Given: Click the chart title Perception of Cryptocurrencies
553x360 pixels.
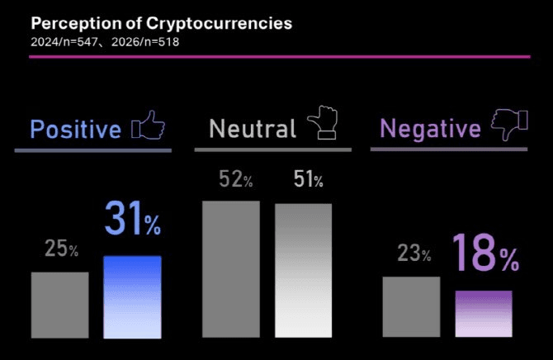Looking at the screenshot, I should (x=161, y=23).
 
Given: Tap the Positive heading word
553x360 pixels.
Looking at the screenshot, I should (x=75, y=130).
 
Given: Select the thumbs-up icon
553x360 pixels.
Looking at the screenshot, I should (x=149, y=126).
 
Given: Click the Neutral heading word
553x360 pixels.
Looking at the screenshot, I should (x=252, y=129).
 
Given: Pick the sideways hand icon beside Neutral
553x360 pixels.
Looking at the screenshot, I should (x=323, y=124).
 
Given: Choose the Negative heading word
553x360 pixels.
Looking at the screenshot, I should (x=429, y=129).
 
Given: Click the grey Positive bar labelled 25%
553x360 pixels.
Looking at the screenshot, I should (x=59, y=305).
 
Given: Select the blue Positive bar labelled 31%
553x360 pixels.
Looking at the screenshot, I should (x=132, y=296).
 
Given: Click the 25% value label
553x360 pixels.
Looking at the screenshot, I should (x=62, y=249).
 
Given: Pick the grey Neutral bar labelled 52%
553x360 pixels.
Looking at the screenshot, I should (x=231, y=269).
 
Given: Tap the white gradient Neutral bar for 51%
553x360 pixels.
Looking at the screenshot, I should (x=303, y=270).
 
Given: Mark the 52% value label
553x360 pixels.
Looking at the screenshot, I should (x=236, y=179).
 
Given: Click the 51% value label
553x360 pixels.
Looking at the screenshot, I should (x=308, y=179).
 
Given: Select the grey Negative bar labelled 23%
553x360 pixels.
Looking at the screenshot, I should (x=411, y=307).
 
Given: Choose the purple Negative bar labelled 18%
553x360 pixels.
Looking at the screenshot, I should (x=484, y=314).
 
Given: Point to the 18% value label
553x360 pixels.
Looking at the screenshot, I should (x=485, y=254).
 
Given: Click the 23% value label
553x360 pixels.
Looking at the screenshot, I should (x=414, y=253).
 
